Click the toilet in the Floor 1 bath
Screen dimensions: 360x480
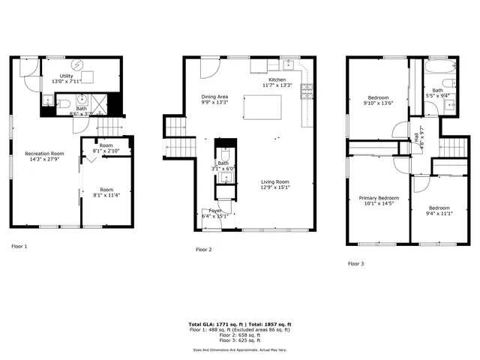coord(63,103)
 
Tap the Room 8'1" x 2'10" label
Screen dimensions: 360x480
coord(106,148)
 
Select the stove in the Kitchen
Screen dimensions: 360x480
coord(307,91)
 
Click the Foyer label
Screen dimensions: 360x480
coord(214,214)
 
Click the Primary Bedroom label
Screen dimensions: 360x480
coord(379,201)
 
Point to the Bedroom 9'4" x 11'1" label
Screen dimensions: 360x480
coord(439,211)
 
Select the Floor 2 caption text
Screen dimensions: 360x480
coord(204,249)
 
